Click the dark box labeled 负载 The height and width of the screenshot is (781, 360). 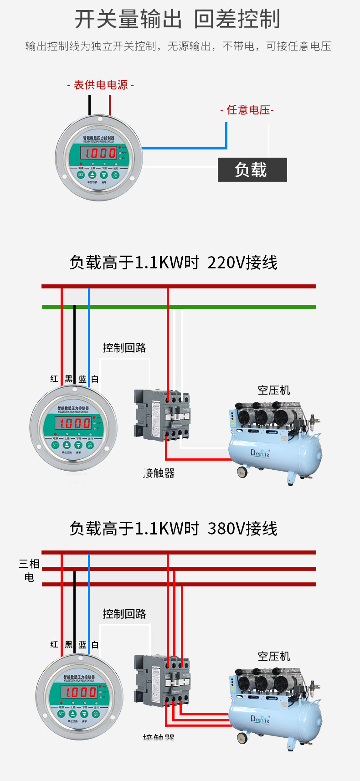pyautogui.click(x=252, y=170)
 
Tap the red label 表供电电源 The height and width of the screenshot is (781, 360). pyautogui.click(x=100, y=85)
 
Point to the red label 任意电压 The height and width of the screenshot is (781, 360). pyautogui.click(x=247, y=110)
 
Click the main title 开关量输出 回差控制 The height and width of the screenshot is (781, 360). pyautogui.click(x=177, y=19)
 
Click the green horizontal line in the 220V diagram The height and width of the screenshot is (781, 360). pyautogui.click(x=228, y=307)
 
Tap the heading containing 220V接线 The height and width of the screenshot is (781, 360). pyautogui.click(x=173, y=262)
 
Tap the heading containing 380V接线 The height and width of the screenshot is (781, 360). pyautogui.click(x=173, y=529)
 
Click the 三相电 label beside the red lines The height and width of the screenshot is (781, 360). pyautogui.click(x=29, y=570)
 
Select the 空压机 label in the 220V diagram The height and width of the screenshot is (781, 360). pyautogui.click(x=273, y=390)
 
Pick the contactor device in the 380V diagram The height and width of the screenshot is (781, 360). pyautogui.click(x=162, y=681)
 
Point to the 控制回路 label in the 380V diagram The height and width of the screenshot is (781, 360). pyautogui.click(x=124, y=614)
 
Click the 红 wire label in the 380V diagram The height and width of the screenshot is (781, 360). pyautogui.click(x=54, y=644)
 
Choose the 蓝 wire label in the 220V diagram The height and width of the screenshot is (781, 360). pyautogui.click(x=82, y=379)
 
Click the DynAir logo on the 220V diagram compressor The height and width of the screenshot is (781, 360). pyautogui.click(x=260, y=453)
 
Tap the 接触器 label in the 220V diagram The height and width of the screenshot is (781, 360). pyautogui.click(x=159, y=473)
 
